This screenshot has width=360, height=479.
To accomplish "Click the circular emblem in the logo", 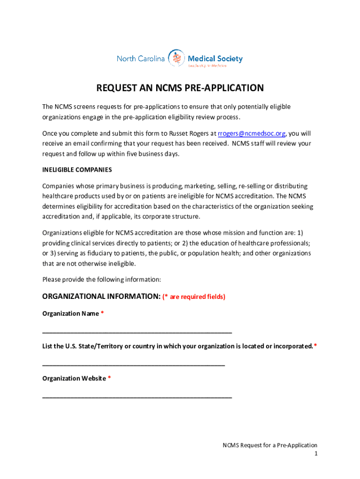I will click(176, 58).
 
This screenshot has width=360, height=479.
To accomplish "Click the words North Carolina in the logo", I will click(141, 58).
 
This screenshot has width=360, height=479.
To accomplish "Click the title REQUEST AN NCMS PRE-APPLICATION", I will click(180, 88).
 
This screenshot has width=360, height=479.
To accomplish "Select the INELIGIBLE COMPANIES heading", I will click(77, 169).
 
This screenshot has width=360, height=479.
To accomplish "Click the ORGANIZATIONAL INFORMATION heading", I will click(101, 297).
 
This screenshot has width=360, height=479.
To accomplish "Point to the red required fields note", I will click(194, 297).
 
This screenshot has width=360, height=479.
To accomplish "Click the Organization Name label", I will click(71, 313).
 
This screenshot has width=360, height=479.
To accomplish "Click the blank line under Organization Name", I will click(137, 332).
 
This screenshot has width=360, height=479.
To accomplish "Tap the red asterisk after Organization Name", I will click(102, 313).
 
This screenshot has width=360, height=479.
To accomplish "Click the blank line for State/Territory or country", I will click(134, 364).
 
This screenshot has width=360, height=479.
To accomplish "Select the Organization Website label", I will click(74, 378).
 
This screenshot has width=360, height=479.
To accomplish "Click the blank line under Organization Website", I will click(137, 397).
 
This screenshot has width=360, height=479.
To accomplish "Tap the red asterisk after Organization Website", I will click(109, 378).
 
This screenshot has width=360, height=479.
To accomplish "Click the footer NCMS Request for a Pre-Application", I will click(270, 445).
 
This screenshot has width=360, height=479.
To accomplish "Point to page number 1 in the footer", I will click(316, 454).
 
